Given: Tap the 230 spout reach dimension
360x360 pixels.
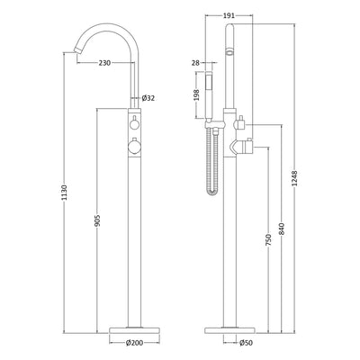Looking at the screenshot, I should pos(105,62).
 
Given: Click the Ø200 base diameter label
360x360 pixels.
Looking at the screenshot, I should pos(134,343).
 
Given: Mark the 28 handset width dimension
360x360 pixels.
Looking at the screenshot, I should pos(196,61).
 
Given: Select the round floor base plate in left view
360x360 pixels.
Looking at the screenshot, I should pos(134,326).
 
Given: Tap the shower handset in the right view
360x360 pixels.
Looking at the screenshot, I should pos(216,90).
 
